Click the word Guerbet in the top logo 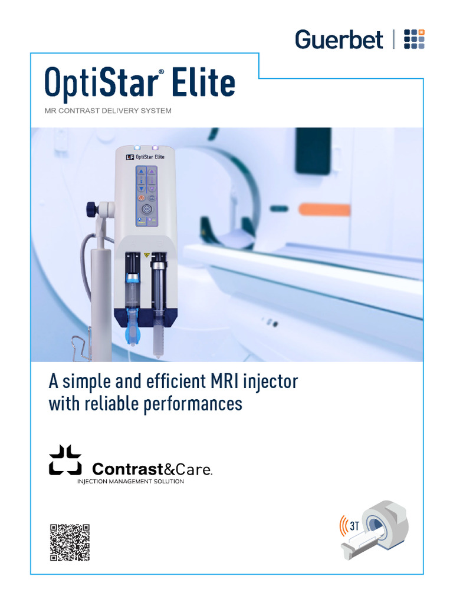coord(339,40)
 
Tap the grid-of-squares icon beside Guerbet coord(413,39)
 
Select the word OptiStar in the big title coord(101,84)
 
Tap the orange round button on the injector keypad coord(141,199)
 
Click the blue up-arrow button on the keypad coord(141,172)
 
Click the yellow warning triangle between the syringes coord(147,256)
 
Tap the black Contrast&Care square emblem coord(65,460)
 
